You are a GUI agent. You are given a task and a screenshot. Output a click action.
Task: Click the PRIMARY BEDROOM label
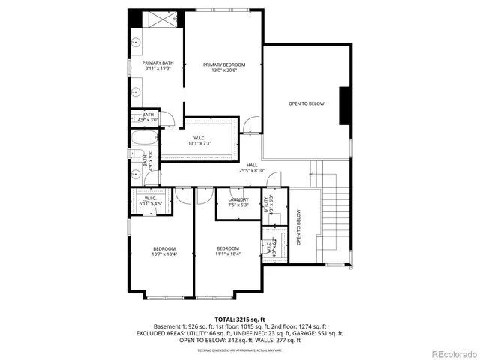(x=224, y=64)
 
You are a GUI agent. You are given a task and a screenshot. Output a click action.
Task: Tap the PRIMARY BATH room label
(x=158, y=63)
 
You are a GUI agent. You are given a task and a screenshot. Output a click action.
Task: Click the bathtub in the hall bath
(x=144, y=138)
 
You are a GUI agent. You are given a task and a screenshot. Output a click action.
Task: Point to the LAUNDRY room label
(x=238, y=199)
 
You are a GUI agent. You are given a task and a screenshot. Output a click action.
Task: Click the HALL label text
(x=253, y=165)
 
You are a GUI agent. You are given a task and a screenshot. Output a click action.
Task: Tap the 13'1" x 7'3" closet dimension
(x=199, y=143)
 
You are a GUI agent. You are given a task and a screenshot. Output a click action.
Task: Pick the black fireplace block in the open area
(x=345, y=104)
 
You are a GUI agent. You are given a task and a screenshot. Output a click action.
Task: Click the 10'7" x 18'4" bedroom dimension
(x=164, y=254)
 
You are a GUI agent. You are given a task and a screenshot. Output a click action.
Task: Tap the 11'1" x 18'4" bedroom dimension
(x=228, y=254)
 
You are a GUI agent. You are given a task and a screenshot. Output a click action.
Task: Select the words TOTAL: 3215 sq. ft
(x=239, y=319)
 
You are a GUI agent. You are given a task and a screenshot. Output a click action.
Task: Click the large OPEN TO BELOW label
(x=307, y=103)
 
